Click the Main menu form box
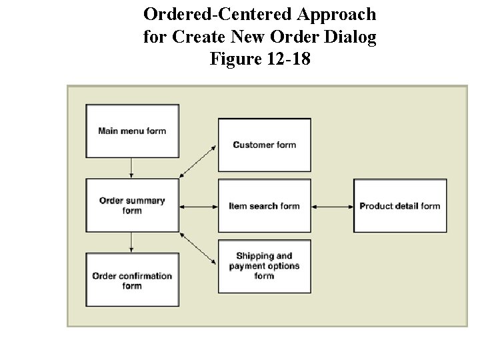coord(132,131)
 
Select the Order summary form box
coord(132,205)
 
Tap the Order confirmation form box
coord(132,281)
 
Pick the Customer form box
coord(264,145)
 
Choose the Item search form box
coord(264,206)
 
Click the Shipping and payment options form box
coord(264,266)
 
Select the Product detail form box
coord(399,206)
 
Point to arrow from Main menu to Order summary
coord(132,167)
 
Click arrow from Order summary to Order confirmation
coord(132,242)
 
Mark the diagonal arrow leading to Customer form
coord(199,161)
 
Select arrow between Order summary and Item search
coord(199,206)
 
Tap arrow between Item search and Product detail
coord(332,206)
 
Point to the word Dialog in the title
coord(353,37)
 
